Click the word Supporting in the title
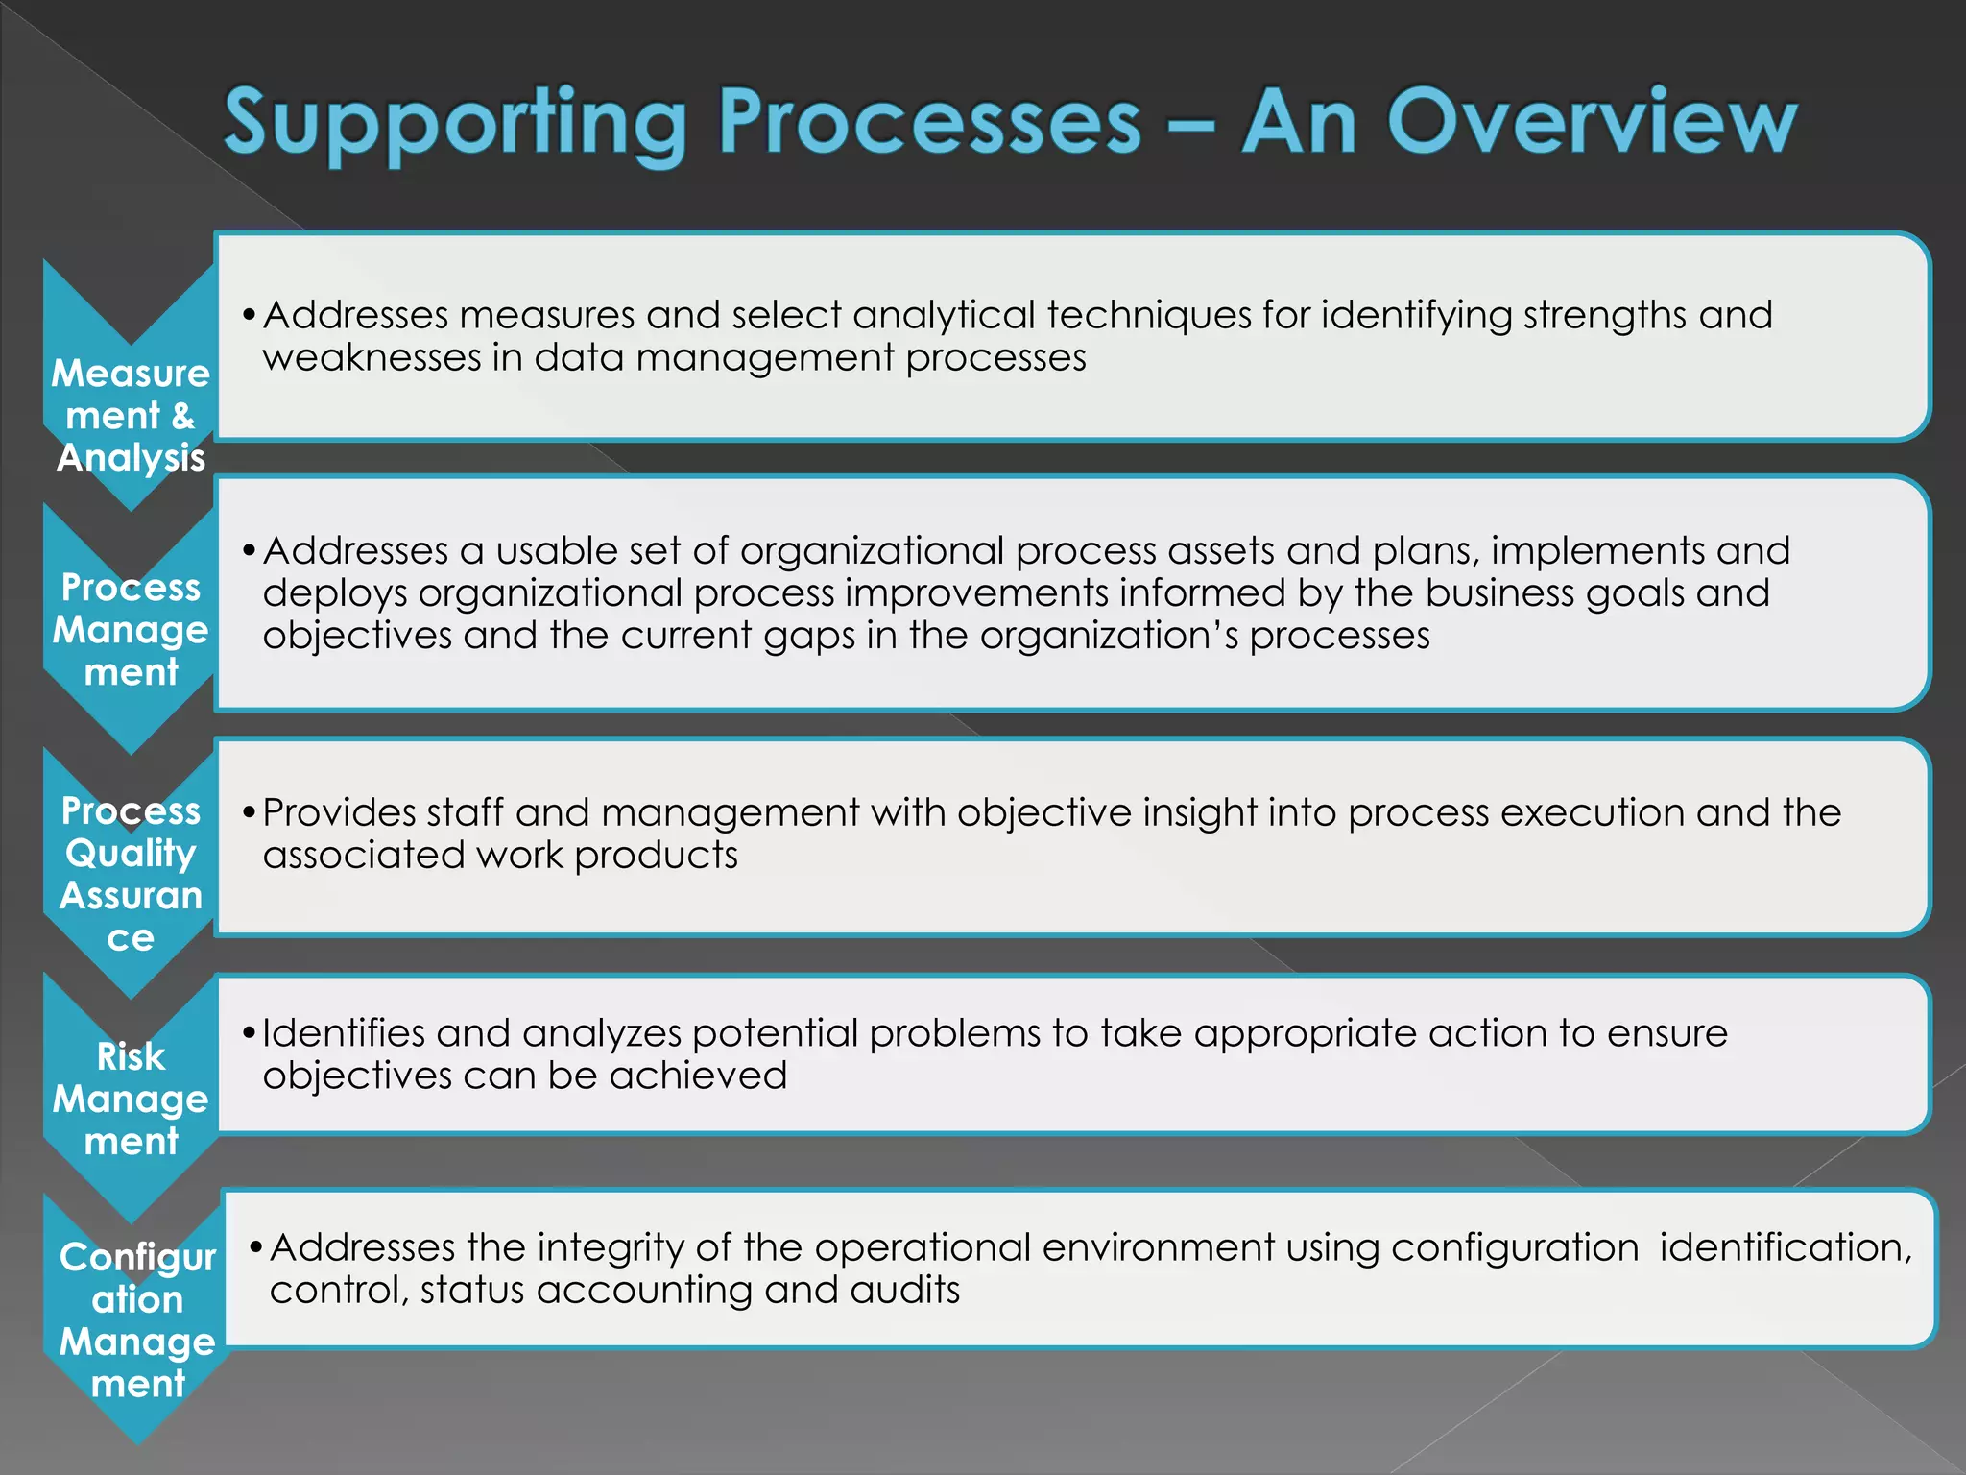pyautogui.click(x=456, y=123)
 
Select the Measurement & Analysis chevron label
pyautogui.click(x=131, y=415)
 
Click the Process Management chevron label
pyautogui.click(x=131, y=629)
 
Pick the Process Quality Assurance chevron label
pyautogui.click(x=131, y=873)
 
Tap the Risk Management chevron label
pyautogui.click(x=131, y=1098)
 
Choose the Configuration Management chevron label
pyautogui.click(x=137, y=1319)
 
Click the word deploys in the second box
pyautogui.click(x=335, y=593)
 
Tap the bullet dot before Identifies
pyautogui.click(x=249, y=1034)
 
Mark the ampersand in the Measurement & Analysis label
pyautogui.click(x=182, y=416)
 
